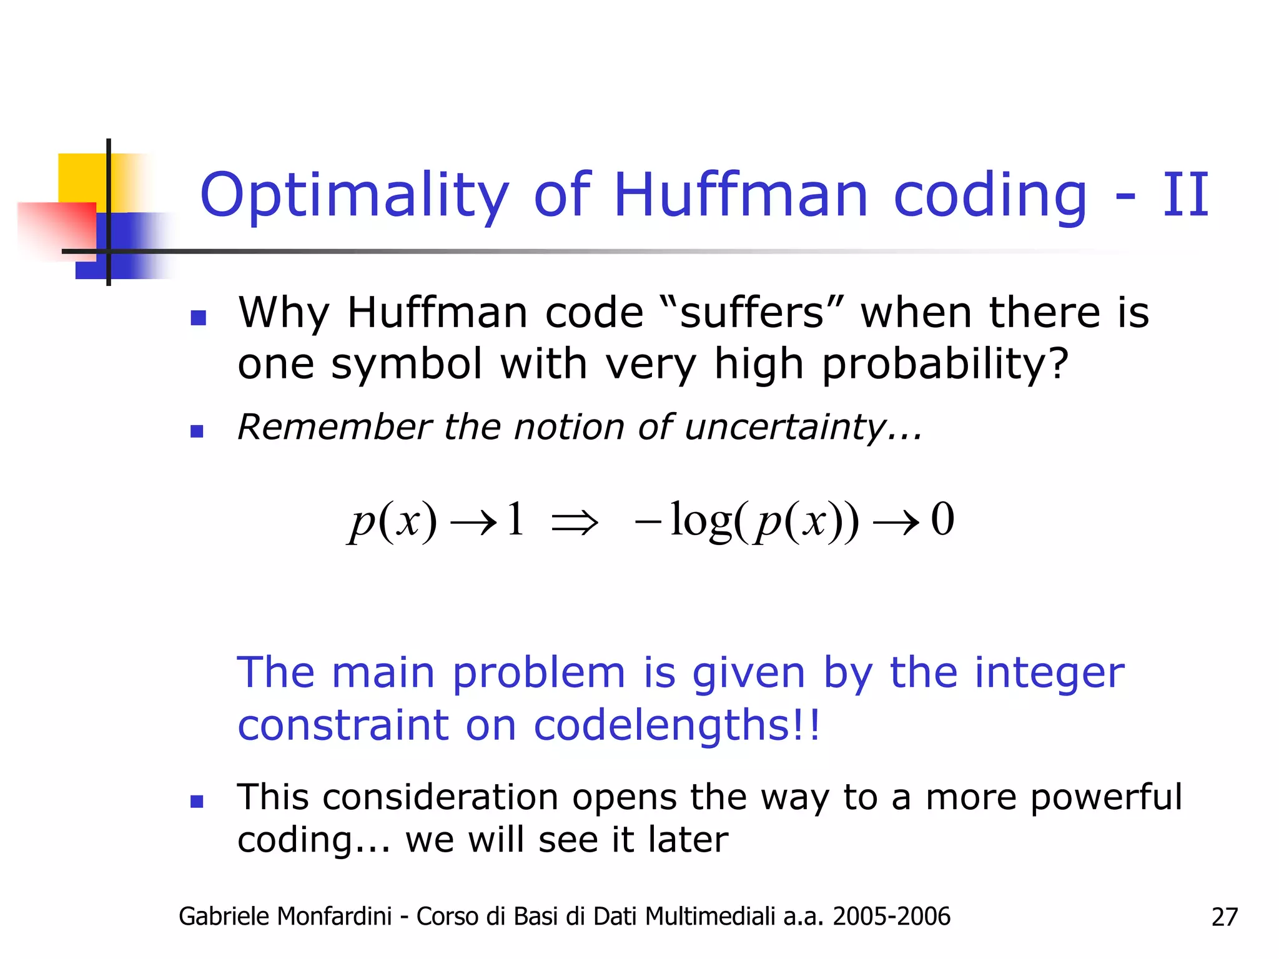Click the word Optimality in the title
tap(354, 196)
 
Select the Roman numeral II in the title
tap(1185, 195)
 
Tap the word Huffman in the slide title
tap(741, 195)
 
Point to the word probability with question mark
tap(945, 365)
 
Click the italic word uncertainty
tap(803, 428)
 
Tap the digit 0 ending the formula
tap(942, 519)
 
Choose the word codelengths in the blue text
tap(677, 725)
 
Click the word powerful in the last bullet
tap(1106, 797)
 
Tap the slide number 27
tap(1224, 917)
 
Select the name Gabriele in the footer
tap(223, 917)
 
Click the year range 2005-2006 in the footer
tap(891, 917)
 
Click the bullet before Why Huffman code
tap(198, 318)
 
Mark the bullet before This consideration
tap(197, 802)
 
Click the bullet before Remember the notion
tap(197, 431)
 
